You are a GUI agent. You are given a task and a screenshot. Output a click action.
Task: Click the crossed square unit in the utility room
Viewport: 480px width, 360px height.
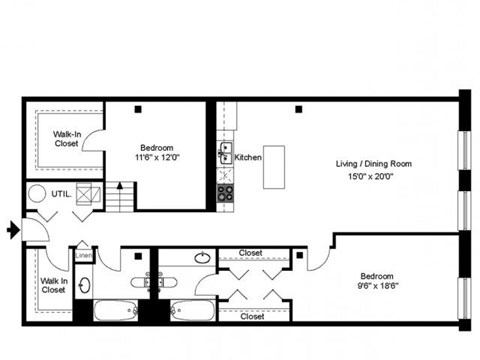[88, 194]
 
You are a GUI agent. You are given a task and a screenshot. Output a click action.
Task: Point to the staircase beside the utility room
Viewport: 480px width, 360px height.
[119, 196]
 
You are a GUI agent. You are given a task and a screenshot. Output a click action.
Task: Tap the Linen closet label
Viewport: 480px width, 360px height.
[83, 243]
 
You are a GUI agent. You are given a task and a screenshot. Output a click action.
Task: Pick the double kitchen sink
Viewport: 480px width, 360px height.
[225, 156]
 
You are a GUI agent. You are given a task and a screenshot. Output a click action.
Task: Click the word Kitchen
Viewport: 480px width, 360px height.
[248, 157]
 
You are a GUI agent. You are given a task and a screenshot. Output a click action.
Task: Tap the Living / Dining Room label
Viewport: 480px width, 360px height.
[373, 163]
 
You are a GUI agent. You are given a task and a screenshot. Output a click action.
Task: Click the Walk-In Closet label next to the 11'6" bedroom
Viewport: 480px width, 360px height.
[67, 137]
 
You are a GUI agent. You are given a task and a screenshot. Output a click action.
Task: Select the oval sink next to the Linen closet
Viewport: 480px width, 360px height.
[84, 286]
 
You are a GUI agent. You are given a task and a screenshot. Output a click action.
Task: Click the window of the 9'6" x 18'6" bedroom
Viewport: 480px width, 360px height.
[463, 300]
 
